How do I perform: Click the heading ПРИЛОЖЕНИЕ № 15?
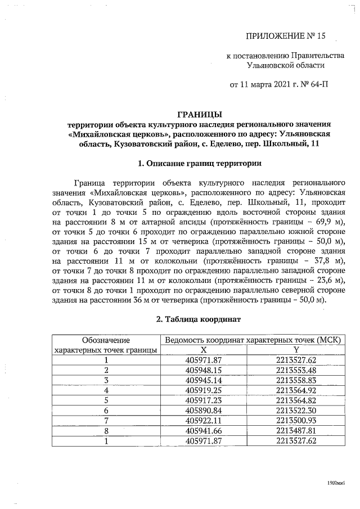point(286,37)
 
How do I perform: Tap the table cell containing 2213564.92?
point(297,390)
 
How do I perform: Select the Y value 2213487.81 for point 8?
point(297,430)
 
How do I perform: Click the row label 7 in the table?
point(106,420)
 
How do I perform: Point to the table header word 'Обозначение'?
point(106,340)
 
